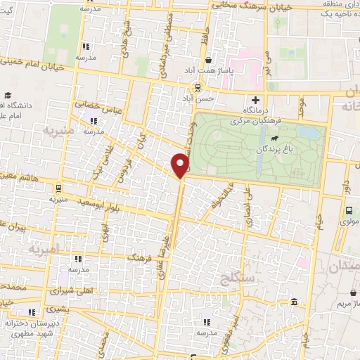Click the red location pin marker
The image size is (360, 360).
pos(181,165)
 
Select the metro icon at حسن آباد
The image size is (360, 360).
pos(198,88)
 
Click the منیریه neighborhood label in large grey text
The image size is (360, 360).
pos(37,131)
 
